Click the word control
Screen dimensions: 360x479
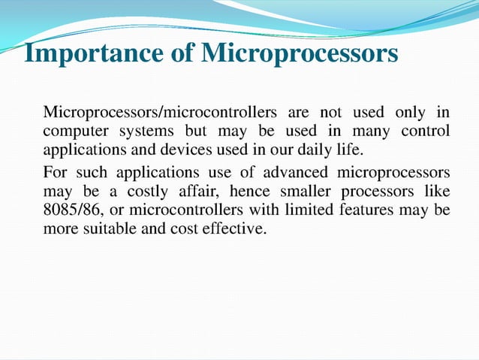[426, 131]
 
